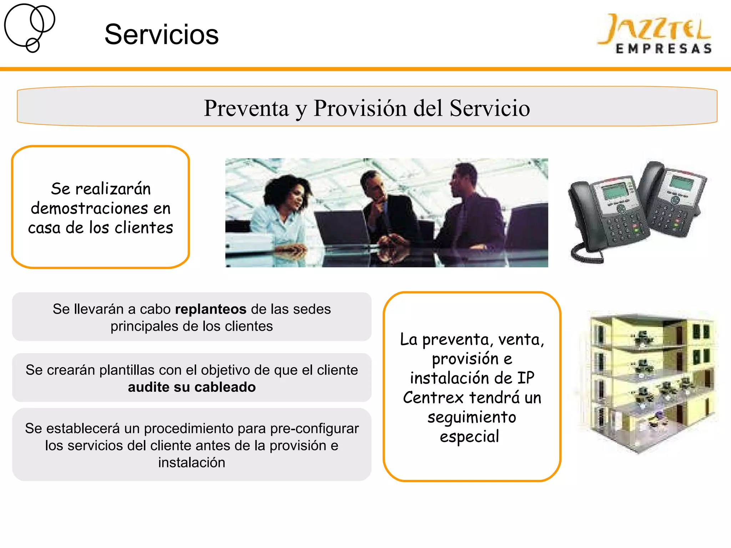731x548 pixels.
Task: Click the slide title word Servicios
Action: [161, 35]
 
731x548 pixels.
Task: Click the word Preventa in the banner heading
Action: [246, 108]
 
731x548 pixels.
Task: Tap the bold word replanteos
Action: [211, 309]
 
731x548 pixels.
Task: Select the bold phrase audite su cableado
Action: [192, 387]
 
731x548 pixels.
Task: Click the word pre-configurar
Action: [314, 428]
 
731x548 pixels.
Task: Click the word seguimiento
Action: [472, 417]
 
